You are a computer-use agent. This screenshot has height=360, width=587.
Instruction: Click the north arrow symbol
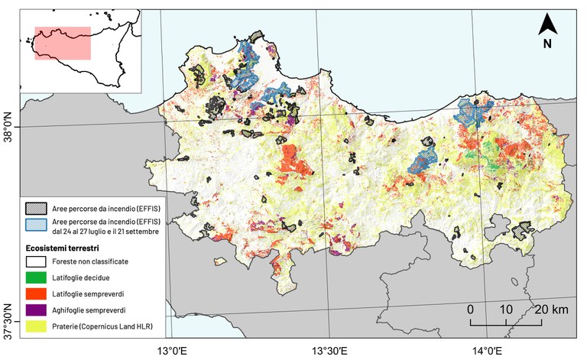[547, 24]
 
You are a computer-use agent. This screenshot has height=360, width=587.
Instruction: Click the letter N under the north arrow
[547, 44]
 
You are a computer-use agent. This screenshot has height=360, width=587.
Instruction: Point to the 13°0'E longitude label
[171, 350]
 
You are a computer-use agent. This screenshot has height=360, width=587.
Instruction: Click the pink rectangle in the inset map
[63, 44]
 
